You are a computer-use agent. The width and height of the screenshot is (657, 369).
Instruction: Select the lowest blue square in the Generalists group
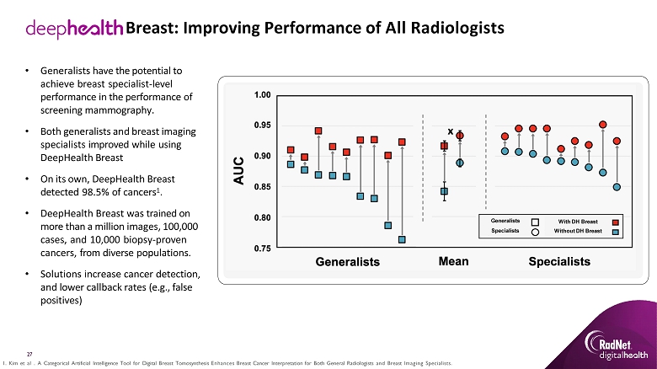pyautogui.click(x=402, y=239)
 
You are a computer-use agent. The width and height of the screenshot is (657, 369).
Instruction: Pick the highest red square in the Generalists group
pyautogui.click(x=318, y=131)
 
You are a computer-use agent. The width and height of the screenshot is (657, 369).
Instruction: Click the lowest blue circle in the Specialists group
pyautogui.click(x=617, y=187)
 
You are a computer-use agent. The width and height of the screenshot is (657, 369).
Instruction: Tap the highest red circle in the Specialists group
pyautogui.click(x=603, y=125)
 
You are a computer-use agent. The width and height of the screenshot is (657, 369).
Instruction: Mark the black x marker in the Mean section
pyautogui.click(x=451, y=131)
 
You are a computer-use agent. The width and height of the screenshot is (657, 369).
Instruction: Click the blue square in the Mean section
pyautogui.click(x=444, y=191)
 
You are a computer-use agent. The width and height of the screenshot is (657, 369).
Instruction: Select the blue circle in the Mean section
pyautogui.click(x=460, y=163)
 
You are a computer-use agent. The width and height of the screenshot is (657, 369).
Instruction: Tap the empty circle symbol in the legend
pyautogui.click(x=535, y=231)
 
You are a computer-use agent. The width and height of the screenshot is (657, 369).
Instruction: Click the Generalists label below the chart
pyautogui.click(x=348, y=262)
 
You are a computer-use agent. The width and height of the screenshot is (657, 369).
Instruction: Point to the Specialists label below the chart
pyautogui.click(x=558, y=262)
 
